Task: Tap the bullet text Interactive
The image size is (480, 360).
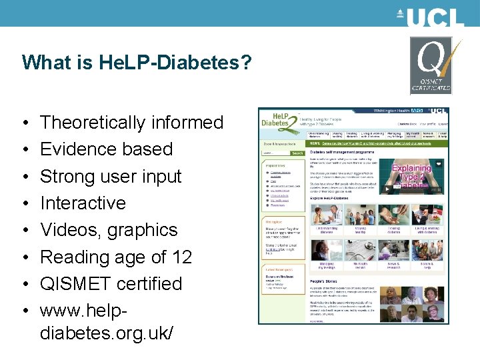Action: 83,203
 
